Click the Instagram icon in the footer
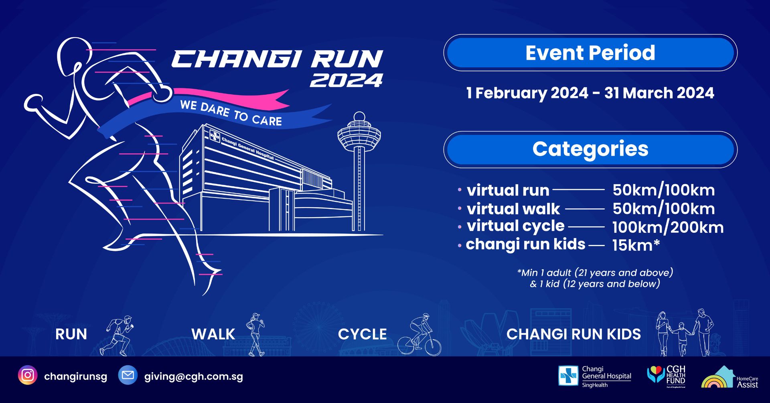pos(28,376)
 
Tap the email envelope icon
pos(128,376)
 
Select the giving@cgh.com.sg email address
pos(194,377)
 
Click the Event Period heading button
pos(590,53)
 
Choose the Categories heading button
pos(590,149)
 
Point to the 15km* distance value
pos(636,245)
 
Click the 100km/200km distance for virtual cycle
pos(668,227)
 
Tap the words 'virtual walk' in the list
pos(513,209)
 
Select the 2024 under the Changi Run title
pos(346,80)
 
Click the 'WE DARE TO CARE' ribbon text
pos(231,113)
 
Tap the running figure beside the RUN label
pos(117,336)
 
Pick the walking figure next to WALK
pos(255,335)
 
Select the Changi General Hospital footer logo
pos(595,376)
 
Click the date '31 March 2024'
pos(659,93)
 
